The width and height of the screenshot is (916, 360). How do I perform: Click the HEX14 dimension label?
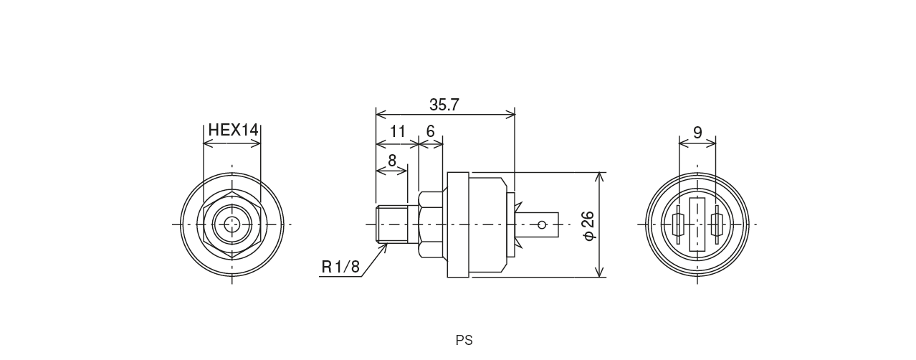coord(232,131)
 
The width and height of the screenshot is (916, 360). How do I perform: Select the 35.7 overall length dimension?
coord(444,105)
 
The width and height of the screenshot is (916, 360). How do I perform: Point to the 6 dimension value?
coord(430,132)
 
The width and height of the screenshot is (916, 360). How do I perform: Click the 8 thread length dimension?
coord(391,161)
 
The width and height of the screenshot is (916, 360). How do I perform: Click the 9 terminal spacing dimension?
coord(697,133)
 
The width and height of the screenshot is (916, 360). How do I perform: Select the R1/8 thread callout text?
coord(340,267)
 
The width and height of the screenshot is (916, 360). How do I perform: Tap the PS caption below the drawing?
coord(464,341)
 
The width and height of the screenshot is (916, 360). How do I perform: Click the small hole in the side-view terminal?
coord(542,224)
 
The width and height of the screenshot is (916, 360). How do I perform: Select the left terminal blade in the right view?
coord(678,224)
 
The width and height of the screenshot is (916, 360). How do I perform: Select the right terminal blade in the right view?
coord(715,224)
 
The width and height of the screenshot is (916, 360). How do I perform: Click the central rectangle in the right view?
coord(697,224)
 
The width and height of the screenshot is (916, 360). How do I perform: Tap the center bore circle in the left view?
coord(232,224)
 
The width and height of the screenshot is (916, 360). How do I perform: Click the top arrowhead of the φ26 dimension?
coord(598,176)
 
